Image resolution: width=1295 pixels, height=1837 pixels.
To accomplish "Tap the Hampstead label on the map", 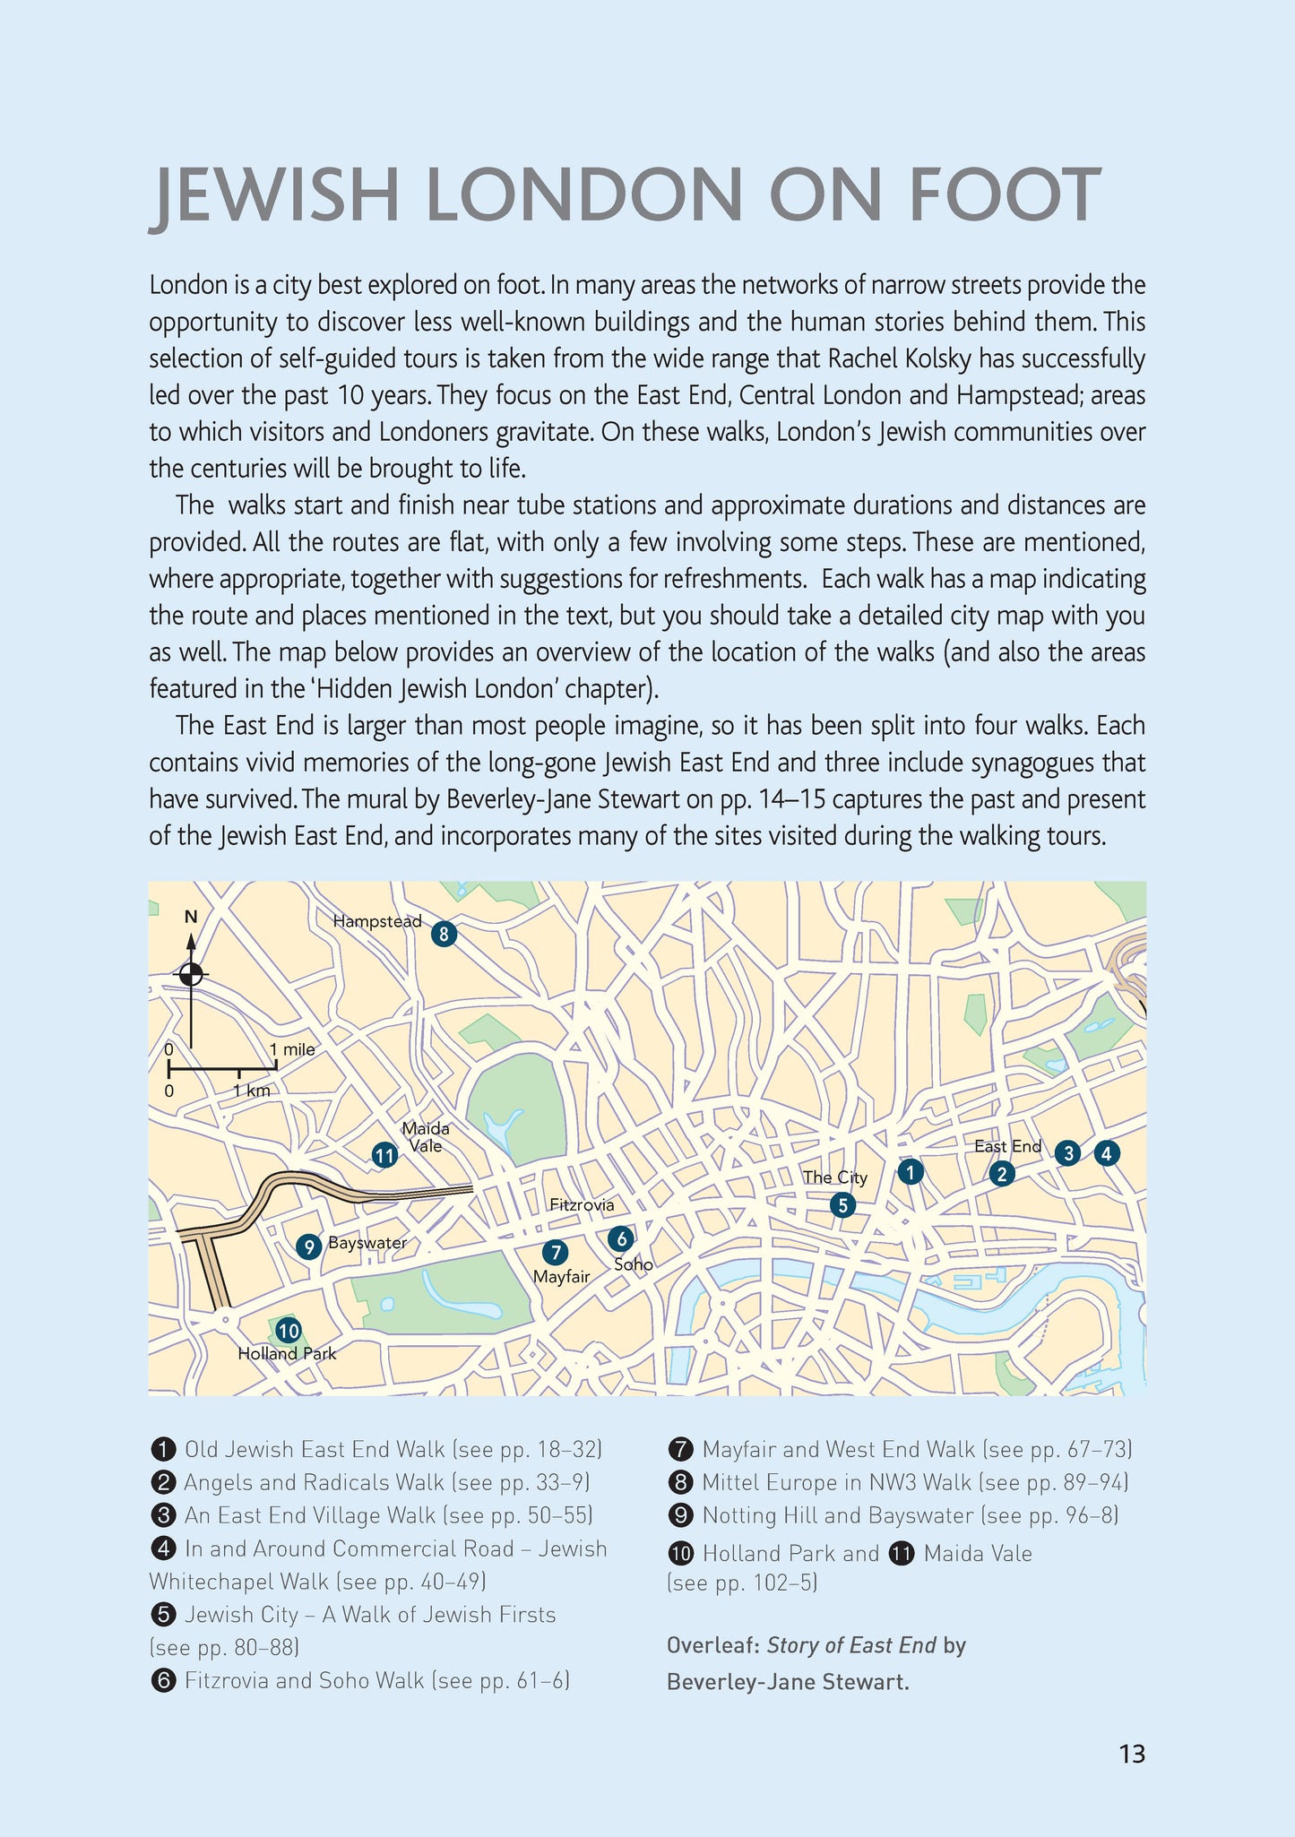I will [376, 921].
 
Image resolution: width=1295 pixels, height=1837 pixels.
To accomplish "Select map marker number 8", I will [444, 935].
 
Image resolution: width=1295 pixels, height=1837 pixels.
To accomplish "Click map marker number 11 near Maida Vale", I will [384, 1156].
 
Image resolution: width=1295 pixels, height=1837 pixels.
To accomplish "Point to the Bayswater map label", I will [367, 1243].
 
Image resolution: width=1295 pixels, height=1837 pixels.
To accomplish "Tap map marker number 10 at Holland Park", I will [288, 1331].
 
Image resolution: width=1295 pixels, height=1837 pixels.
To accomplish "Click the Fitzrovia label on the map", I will [582, 1205].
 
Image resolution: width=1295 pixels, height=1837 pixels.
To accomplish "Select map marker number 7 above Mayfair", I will [555, 1252].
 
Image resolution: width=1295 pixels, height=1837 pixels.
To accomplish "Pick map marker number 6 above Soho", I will [620, 1238].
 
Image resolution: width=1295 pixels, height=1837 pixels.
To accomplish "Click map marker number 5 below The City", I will [842, 1205].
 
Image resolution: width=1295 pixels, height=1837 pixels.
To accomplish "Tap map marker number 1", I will [911, 1171].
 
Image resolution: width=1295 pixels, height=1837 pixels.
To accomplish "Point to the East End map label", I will [1007, 1146].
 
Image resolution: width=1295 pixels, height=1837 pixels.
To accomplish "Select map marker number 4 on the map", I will [1107, 1154].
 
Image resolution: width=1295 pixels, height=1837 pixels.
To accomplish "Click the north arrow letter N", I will [190, 917].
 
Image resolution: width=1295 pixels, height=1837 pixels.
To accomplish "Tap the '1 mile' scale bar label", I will [292, 1049].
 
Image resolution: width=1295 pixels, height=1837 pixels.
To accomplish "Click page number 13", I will [1132, 1754].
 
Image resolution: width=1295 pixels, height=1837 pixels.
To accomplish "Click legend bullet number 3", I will [162, 1515].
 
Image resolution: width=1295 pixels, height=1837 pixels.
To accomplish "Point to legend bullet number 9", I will [681, 1515].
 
